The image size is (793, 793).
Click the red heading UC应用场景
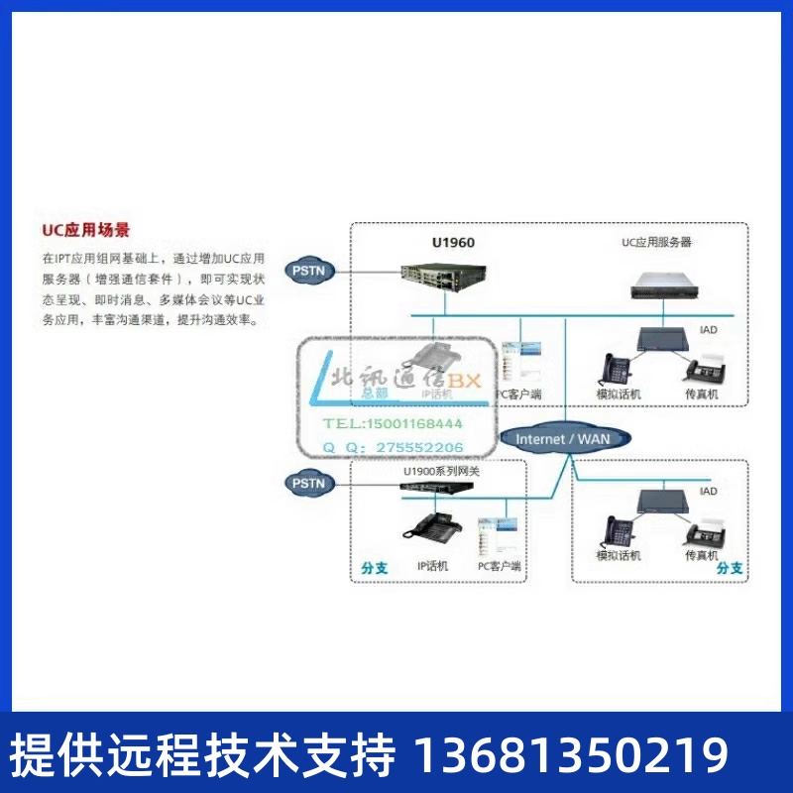85,230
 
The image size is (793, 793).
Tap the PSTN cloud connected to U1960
308,269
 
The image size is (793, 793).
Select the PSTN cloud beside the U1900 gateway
308,483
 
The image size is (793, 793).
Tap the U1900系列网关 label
440,471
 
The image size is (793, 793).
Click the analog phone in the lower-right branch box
618,533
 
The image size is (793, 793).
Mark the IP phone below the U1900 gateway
432,528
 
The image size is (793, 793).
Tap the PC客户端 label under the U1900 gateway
500,566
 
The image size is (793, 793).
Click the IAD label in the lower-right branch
708,492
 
